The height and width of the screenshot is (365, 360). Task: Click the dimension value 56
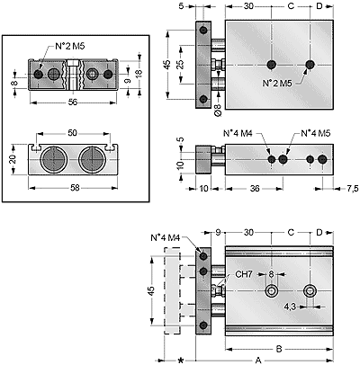coord(73,102)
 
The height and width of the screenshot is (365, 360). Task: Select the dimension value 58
coord(75,188)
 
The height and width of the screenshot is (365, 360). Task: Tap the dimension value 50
coord(72,133)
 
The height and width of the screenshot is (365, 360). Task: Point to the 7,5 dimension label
coord(353,188)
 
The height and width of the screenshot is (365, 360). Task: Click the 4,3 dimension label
coord(290,307)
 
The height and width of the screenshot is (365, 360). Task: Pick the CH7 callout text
coord(244,274)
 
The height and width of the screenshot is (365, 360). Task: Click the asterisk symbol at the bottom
coord(181,361)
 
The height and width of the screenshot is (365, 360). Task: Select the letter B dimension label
coord(279,349)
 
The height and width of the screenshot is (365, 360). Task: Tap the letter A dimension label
coord(258,360)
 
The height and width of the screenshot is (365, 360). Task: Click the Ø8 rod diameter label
coord(219,110)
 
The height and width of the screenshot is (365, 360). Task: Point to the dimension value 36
coord(255,188)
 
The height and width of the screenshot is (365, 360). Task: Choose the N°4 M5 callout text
coord(315,133)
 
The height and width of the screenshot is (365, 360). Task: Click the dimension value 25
coord(180,65)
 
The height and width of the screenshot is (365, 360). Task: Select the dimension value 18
coord(139,73)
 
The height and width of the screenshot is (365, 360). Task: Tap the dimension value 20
coord(13,159)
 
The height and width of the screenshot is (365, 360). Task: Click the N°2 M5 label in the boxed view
coord(70,46)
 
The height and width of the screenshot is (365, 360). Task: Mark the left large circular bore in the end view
coord(53,160)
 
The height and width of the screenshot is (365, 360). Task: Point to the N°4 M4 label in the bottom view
coord(165,238)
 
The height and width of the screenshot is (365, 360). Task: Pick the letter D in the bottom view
coord(319,232)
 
